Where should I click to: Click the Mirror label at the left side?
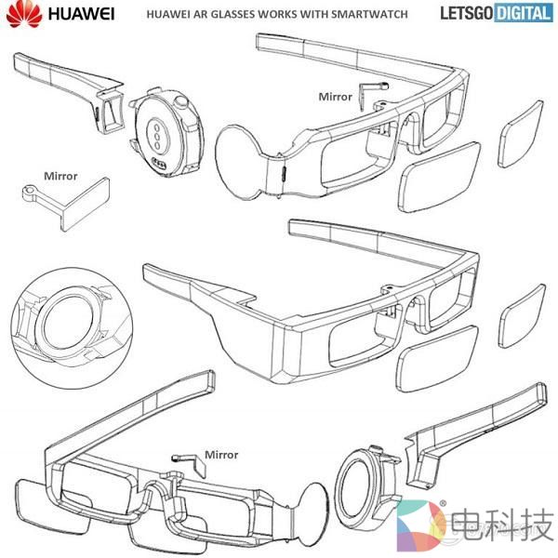[60, 174]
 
